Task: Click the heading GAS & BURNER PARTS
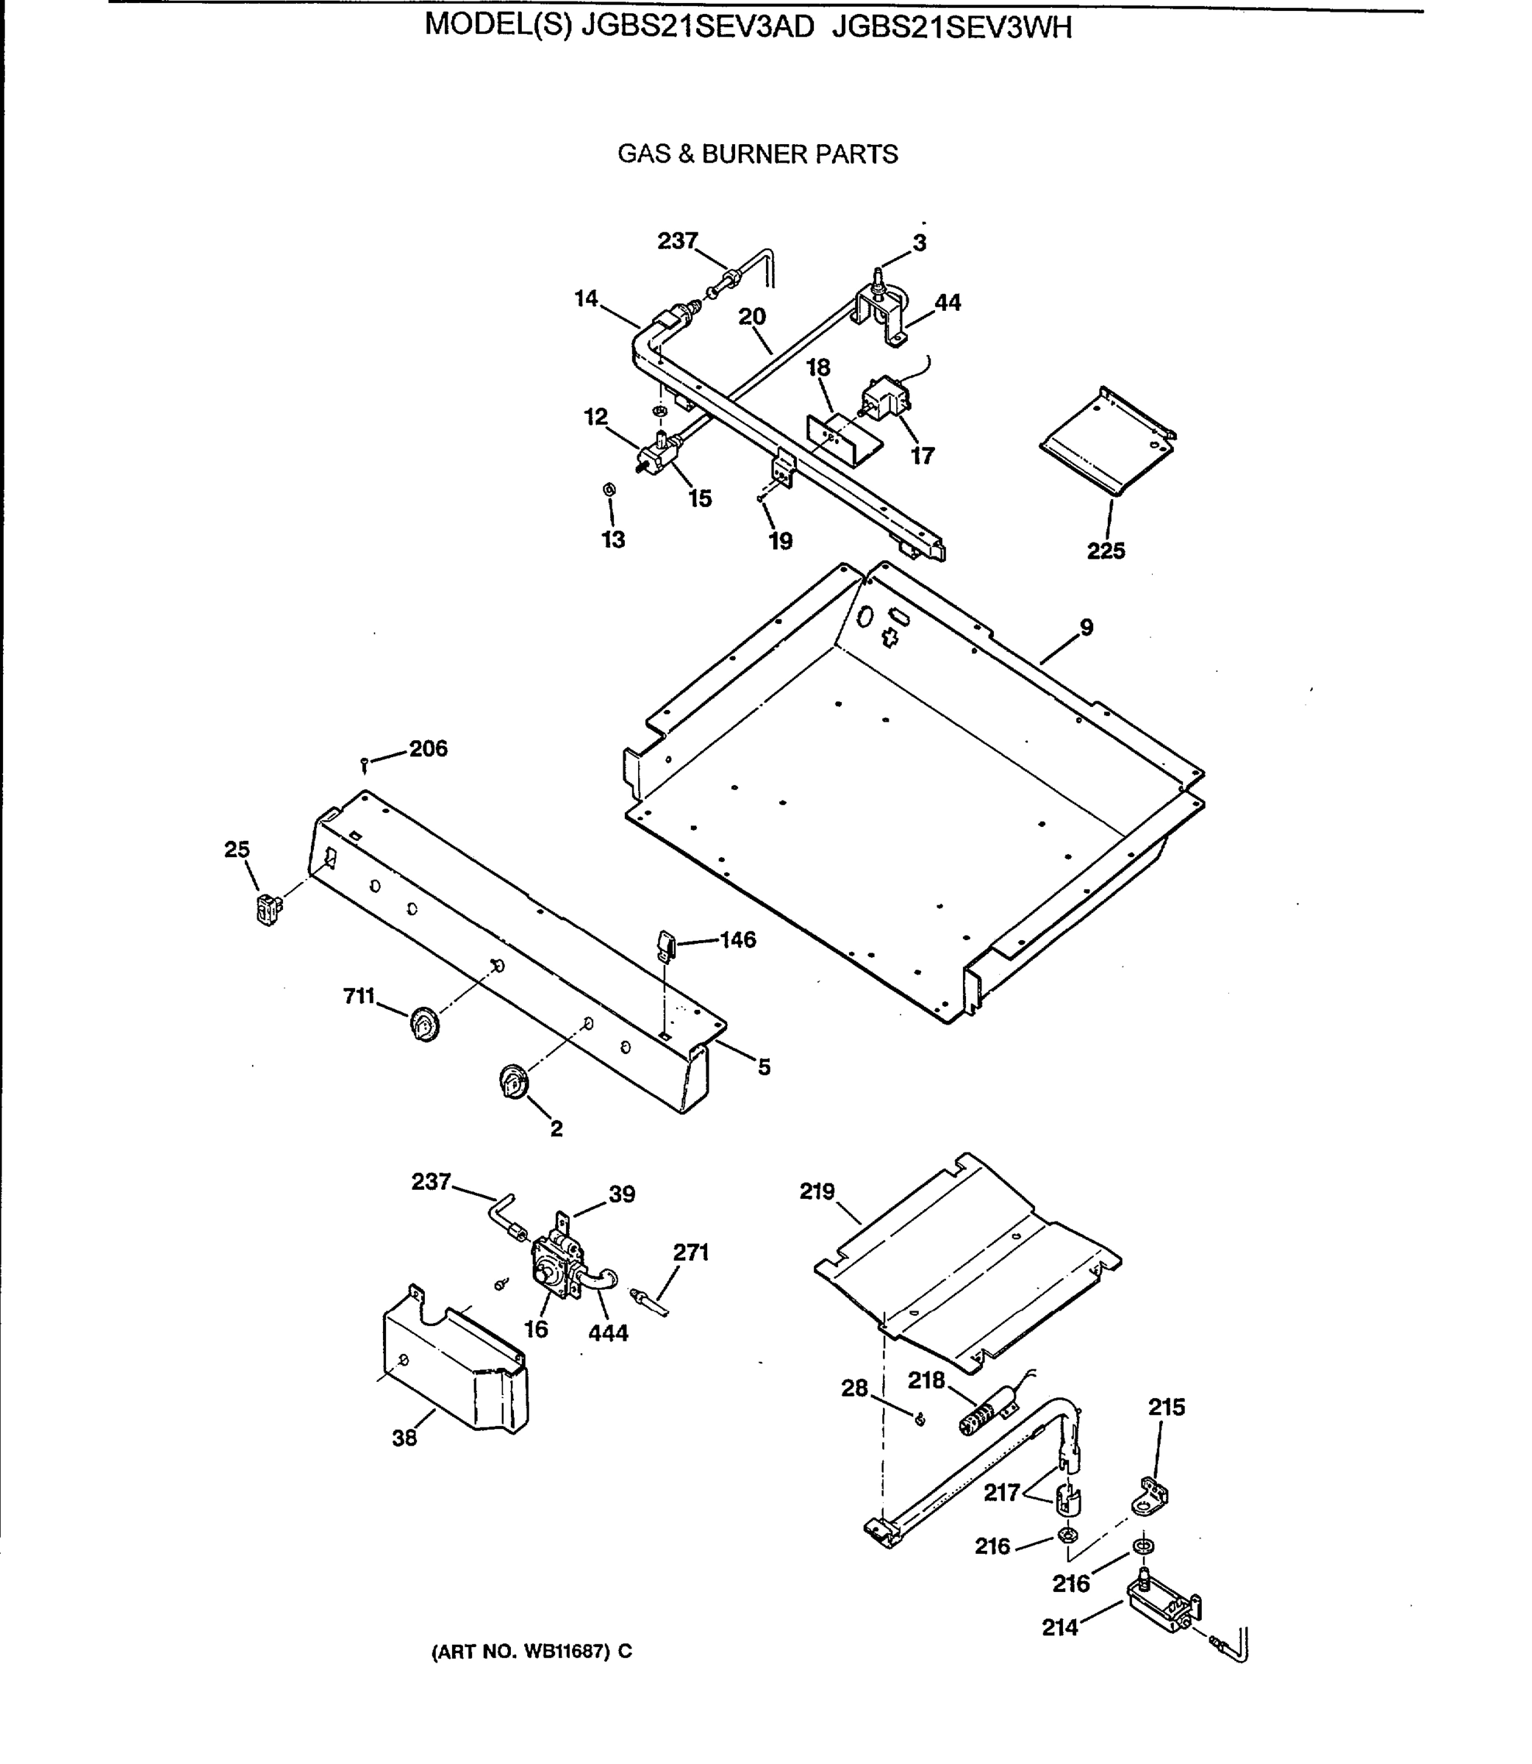[757, 154]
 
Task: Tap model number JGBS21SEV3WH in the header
[951, 28]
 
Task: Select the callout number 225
[1106, 551]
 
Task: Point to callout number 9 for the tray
[1086, 627]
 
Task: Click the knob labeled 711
[424, 1023]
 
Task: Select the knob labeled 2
[513, 1083]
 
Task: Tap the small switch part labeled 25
[268, 908]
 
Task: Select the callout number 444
[608, 1333]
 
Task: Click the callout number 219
[817, 1191]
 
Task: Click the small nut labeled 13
[609, 490]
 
